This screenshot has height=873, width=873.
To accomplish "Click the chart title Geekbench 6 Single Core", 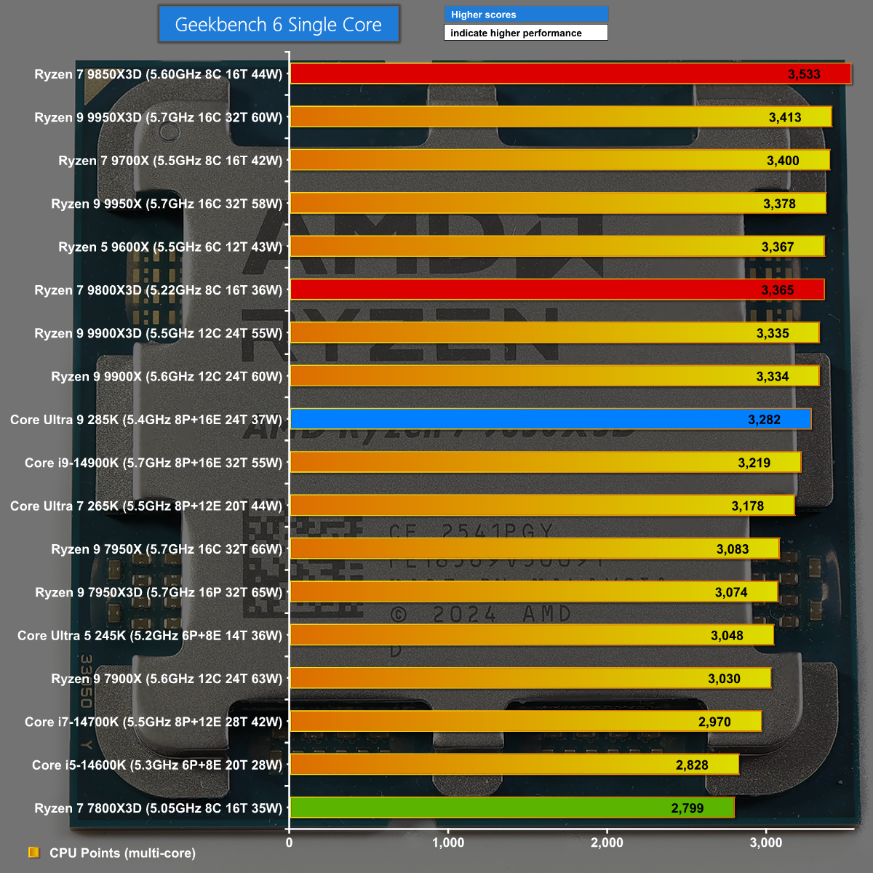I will point(279,25).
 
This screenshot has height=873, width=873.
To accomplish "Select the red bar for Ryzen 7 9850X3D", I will point(570,74).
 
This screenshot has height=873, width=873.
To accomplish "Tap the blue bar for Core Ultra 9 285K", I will point(550,420).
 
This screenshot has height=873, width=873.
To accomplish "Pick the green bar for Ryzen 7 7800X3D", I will point(511,808).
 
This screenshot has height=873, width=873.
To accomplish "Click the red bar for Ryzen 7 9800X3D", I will point(557,290).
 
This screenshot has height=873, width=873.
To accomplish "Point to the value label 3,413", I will point(785,118).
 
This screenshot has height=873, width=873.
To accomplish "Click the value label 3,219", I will point(754,463).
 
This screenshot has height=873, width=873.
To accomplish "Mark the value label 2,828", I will point(692,765).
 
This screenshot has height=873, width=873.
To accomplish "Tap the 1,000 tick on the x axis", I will point(448,843).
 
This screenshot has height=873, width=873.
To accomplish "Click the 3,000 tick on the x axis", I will point(766,843).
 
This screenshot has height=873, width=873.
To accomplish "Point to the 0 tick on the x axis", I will point(290,843).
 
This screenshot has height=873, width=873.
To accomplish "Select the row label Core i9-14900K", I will point(154,463).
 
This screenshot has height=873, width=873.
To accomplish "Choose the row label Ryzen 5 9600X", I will point(170,247).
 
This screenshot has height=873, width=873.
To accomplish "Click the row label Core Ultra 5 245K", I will point(150,636).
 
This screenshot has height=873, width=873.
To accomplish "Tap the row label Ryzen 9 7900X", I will point(167,679).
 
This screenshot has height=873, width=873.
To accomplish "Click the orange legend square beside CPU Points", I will point(33,853).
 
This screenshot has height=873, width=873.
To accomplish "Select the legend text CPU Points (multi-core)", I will point(122,853).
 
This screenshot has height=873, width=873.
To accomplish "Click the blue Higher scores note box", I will point(525,15).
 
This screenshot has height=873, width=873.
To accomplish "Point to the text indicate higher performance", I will point(516,33).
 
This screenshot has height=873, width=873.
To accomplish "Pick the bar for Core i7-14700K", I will point(525,722).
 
